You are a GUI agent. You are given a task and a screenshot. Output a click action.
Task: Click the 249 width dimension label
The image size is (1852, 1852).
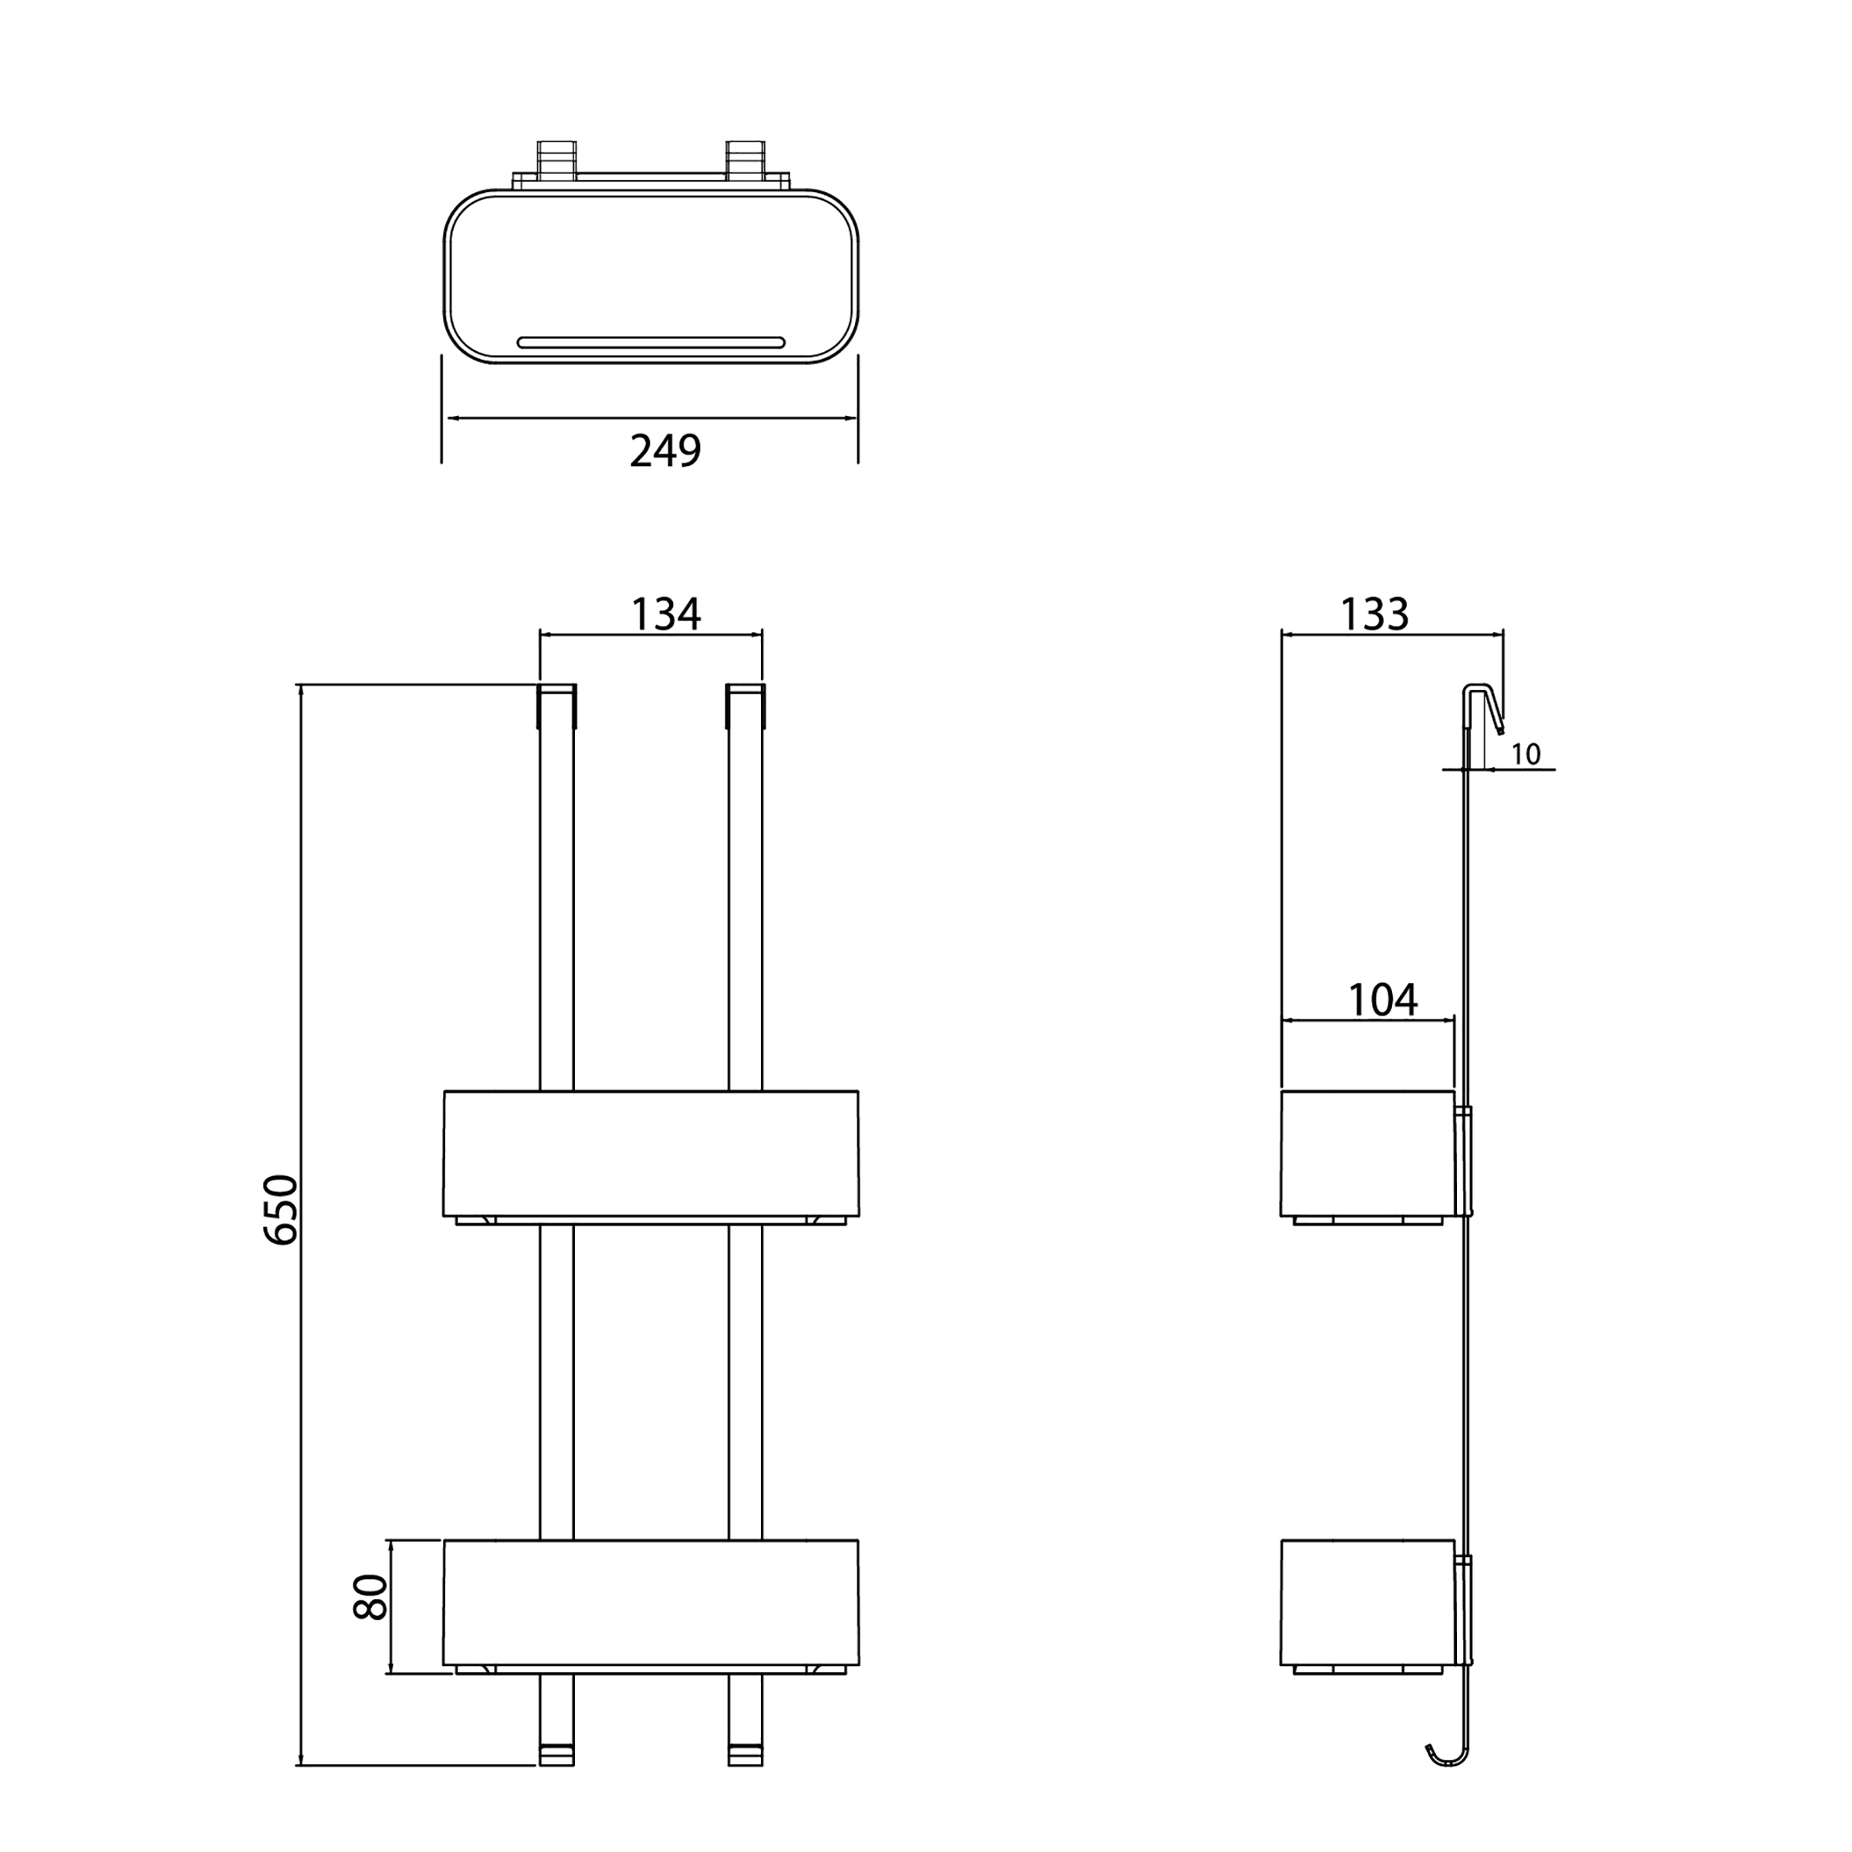click(665, 451)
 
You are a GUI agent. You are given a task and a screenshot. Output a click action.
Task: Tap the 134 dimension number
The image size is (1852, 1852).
click(665, 614)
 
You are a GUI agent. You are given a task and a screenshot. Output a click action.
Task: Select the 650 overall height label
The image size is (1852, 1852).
click(281, 1210)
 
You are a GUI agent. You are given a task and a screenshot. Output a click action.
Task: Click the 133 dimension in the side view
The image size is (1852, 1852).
click(1374, 614)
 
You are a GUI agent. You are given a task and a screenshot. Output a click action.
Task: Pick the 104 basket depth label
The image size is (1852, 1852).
click(1382, 1000)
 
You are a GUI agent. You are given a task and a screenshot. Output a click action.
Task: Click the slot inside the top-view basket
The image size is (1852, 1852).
click(651, 342)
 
